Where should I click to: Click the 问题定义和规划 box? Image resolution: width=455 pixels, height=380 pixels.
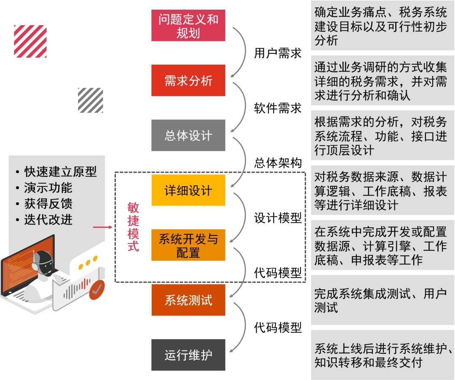coord(188,26)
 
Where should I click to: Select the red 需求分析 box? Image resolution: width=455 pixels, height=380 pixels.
coord(188,80)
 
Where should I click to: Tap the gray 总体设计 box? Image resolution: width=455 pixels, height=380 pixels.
coord(188,136)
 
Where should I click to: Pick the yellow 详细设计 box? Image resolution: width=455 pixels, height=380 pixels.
coord(188,190)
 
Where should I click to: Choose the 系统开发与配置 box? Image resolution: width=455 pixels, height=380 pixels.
coord(188,246)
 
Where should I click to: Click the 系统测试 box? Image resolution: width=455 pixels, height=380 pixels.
coord(188,300)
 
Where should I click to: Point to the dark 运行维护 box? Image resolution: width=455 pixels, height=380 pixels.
coord(188,355)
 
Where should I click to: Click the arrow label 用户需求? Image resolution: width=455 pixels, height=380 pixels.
coord(278,53)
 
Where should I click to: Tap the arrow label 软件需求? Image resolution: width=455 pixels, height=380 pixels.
coord(278,108)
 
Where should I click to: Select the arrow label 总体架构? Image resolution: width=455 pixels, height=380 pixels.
coord(278,163)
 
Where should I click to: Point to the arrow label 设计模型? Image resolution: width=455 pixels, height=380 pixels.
coord(278,218)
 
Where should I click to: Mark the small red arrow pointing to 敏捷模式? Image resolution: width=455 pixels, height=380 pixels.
coord(103,227)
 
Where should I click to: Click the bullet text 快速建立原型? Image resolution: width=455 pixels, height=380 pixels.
coord(60,171)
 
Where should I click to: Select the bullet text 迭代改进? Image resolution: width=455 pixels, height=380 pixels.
coord(48,219)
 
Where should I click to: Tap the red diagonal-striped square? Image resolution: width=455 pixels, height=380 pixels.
coord(30,41)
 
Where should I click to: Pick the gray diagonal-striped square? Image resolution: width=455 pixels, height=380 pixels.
coord(90,100)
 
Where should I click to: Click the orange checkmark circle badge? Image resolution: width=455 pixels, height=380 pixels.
coord(98,289)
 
